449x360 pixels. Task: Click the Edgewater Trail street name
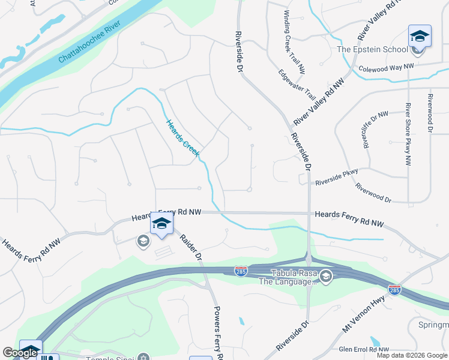click(297, 85)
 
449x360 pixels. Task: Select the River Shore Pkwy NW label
click(408, 134)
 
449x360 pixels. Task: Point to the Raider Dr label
click(191, 247)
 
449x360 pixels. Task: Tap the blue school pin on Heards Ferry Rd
click(161, 224)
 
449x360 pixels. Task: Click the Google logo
click(20, 353)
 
